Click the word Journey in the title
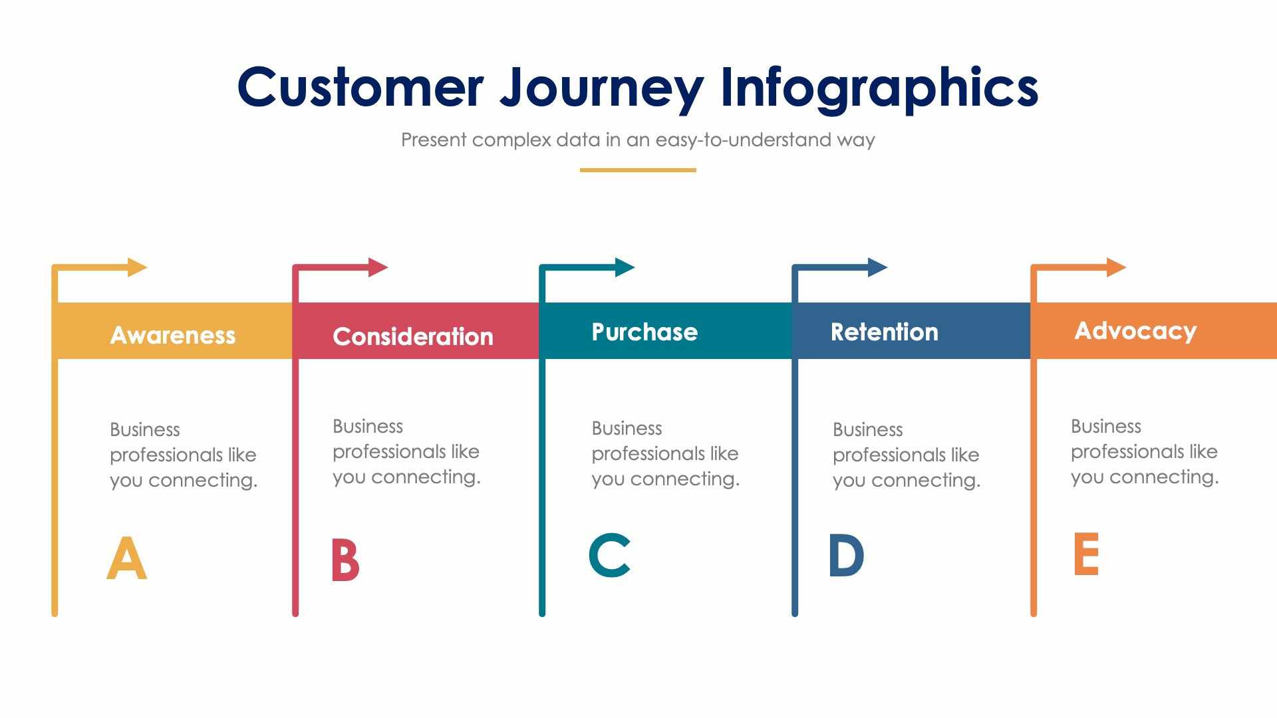coord(601,88)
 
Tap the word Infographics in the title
coord(879,88)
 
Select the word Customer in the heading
coord(360,88)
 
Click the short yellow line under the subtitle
coord(638,170)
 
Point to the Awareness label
coord(173,335)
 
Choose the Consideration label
coord(413,336)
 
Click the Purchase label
coord(644,332)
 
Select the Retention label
coord(884,332)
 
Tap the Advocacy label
coord(1135,330)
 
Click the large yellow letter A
coord(126,558)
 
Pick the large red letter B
coord(345,560)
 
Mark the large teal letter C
coord(609,555)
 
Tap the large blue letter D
coord(846,555)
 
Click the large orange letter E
coord(1085,554)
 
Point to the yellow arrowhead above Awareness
coord(136,267)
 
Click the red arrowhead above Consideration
coord(377,267)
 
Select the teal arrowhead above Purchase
coord(624,267)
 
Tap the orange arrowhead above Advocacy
coord(1115,267)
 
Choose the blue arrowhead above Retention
coord(877,267)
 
